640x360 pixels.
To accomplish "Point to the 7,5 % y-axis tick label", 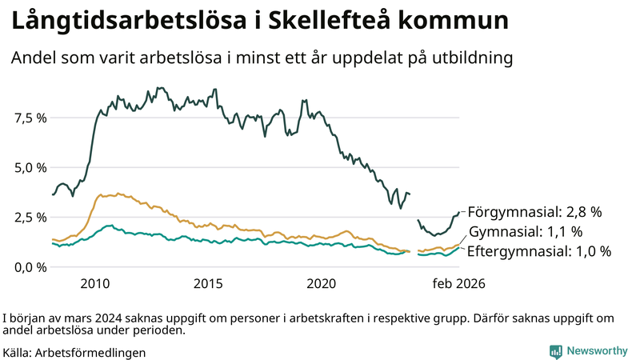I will click(x=30, y=118).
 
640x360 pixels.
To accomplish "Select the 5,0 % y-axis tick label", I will click(x=30, y=167).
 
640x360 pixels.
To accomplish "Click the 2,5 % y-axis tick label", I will click(x=30, y=217).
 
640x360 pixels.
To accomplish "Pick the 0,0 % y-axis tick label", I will click(x=30, y=266).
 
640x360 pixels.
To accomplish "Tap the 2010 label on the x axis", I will click(x=94, y=283).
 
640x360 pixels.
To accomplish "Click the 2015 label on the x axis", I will click(x=208, y=283).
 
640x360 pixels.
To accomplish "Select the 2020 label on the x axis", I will click(x=322, y=283).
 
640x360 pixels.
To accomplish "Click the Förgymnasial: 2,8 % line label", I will click(x=534, y=212).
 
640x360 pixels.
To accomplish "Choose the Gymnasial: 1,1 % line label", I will click(x=525, y=232).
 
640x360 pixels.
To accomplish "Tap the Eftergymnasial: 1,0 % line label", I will click(x=538, y=251).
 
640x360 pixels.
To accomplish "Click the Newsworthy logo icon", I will click(x=555, y=350).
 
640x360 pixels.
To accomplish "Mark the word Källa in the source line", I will click(x=18, y=352).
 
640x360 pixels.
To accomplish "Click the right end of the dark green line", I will click(x=459, y=212).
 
